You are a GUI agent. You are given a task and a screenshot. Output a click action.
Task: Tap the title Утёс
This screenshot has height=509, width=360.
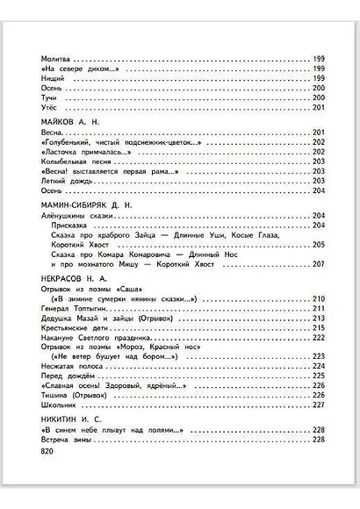(50, 107)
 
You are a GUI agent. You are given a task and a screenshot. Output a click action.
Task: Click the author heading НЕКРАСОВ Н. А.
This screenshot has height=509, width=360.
(76, 278)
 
